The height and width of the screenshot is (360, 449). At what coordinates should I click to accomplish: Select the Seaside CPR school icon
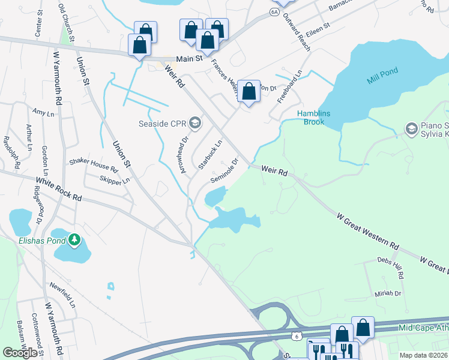tap(194, 124)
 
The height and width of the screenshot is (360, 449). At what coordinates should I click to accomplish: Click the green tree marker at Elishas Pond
tap(74, 240)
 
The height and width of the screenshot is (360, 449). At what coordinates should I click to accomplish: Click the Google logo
tap(19, 352)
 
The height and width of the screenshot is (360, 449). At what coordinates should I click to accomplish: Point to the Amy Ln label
tap(40, 112)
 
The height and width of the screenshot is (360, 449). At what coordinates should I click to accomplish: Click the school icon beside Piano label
tap(411, 128)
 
